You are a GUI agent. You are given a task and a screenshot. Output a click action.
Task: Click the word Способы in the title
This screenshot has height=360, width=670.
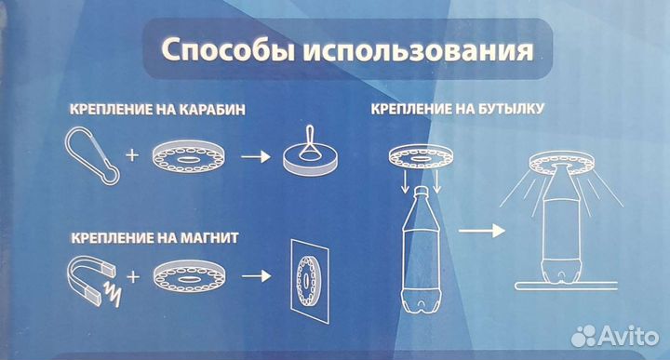point(228,50)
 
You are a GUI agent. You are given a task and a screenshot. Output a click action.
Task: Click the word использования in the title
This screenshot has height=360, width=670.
point(419,51)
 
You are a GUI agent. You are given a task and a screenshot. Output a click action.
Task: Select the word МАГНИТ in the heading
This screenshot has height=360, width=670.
point(209,237)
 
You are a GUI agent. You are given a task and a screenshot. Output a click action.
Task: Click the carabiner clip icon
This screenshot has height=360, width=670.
point(92,156)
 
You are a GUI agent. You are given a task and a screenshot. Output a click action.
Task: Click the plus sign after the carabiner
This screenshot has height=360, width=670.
point(132,155)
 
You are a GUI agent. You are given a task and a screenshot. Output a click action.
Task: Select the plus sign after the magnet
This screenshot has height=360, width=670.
point(133,277)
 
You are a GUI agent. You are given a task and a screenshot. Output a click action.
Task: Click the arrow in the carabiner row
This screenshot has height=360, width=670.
point(256,157)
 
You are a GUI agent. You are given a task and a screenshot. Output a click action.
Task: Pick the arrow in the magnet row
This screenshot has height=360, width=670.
point(256,276)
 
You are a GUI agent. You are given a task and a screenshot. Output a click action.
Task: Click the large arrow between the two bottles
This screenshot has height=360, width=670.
point(482,231)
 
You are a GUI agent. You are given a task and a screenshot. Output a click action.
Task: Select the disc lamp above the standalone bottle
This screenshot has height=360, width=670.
point(421,156)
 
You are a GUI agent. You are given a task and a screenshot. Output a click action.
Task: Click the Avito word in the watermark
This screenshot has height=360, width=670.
point(628,336)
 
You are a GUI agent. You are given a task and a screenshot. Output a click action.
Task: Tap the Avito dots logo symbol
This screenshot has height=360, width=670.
point(583,336)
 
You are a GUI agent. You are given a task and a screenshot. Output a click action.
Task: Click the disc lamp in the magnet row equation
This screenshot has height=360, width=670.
point(190,276)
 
